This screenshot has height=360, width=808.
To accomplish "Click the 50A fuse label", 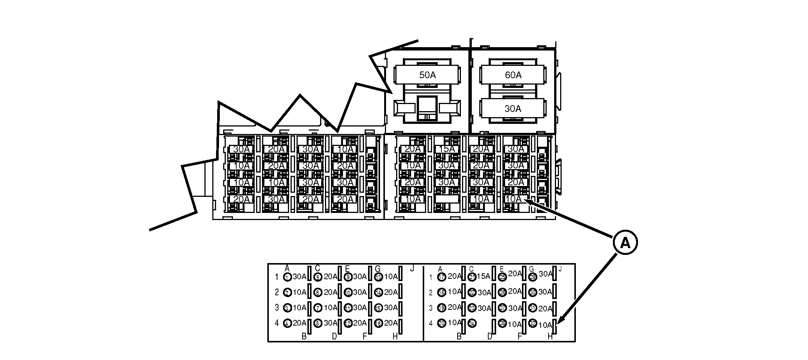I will [x=427, y=75].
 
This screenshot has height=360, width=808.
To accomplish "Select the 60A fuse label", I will [x=513, y=75].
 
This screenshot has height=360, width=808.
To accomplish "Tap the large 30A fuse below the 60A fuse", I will [x=513, y=109].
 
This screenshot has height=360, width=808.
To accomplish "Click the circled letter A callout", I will [x=625, y=243].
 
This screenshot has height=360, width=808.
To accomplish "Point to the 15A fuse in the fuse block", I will [x=447, y=149].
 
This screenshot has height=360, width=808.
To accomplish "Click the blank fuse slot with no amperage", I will [x=447, y=199].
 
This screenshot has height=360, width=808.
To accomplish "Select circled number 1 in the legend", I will [x=287, y=277].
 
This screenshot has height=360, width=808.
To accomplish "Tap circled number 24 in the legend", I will [x=472, y=323].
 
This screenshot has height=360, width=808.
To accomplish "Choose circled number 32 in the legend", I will [x=532, y=323].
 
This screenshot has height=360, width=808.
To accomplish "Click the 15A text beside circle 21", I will [x=483, y=276].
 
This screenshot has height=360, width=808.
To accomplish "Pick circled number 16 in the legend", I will [x=378, y=323].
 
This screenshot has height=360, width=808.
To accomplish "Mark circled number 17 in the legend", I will [x=441, y=277].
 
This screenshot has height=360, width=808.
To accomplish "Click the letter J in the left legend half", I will [x=412, y=268].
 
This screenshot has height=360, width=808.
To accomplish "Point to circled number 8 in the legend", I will [x=318, y=323].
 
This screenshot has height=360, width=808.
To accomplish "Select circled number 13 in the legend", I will [x=378, y=277].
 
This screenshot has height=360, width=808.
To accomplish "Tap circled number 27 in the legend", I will [x=502, y=308].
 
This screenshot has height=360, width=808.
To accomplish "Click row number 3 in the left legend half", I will [x=277, y=308].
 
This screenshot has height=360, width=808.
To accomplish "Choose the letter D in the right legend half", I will [x=489, y=336].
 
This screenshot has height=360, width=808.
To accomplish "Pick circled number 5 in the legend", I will [x=318, y=277].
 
